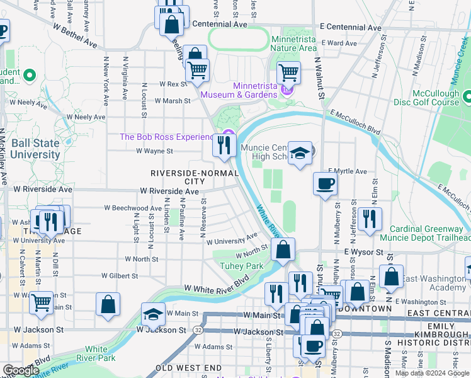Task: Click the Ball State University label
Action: (x=30, y=149)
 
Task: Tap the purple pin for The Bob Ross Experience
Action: (x=230, y=134)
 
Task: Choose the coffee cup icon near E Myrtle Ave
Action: (x=325, y=184)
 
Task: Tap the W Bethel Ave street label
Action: (x=76, y=37)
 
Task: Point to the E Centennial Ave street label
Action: (x=350, y=28)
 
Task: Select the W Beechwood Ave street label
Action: (x=133, y=208)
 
